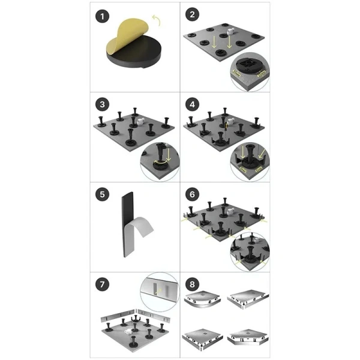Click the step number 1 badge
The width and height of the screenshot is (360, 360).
103,14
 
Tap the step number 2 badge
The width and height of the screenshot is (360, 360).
193,14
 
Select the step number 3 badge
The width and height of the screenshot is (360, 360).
103,104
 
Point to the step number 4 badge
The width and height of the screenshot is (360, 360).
193,104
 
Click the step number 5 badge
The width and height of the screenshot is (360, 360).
103,195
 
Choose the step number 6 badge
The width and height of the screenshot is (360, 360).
193,195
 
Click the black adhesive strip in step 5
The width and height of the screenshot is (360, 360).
128,224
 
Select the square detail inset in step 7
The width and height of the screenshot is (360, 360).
159,292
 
